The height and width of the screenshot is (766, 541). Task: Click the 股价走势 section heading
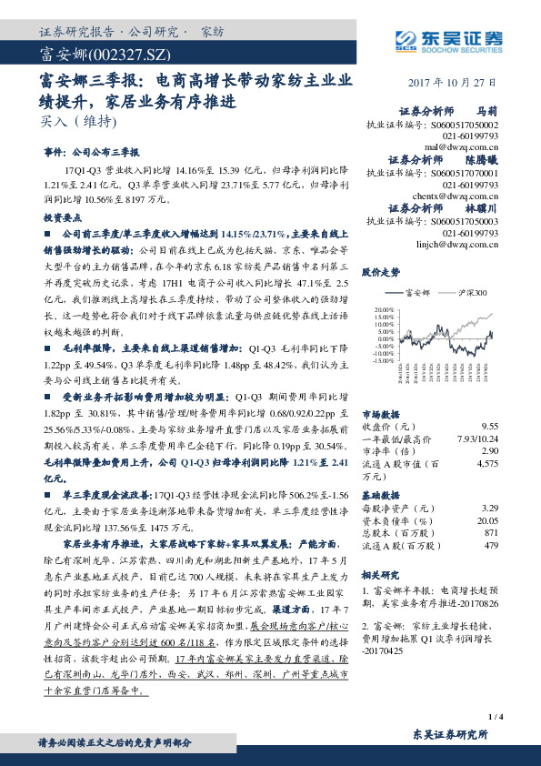point(382,271)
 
